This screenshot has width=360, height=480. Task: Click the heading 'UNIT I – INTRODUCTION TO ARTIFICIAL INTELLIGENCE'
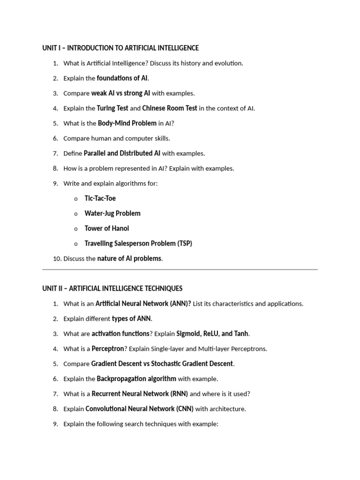pyautogui.click(x=120, y=48)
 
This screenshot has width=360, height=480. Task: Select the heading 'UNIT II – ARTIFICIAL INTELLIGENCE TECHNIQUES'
pyautogui.click(x=112, y=288)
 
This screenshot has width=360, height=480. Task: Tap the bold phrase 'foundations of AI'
pyautogui.click(x=122, y=78)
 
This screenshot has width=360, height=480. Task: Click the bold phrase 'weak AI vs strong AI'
pyautogui.click(x=120, y=93)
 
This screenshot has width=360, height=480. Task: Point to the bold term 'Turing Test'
pyautogui.click(x=112, y=108)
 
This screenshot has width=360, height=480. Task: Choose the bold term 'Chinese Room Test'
pyautogui.click(x=170, y=108)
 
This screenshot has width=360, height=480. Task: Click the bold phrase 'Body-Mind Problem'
pyautogui.click(x=127, y=123)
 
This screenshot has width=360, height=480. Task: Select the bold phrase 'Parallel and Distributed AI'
pyautogui.click(x=122, y=153)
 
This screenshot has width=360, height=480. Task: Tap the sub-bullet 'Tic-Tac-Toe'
pyautogui.click(x=100, y=198)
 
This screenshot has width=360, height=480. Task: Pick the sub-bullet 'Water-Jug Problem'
pyautogui.click(x=112, y=213)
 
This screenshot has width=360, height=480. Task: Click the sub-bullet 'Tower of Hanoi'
pyautogui.click(x=106, y=228)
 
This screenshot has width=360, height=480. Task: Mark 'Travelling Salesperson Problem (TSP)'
pyautogui.click(x=138, y=243)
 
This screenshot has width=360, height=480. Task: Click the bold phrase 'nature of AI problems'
pyautogui.click(x=129, y=258)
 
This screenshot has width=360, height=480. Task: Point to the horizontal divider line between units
pyautogui.click(x=180, y=270)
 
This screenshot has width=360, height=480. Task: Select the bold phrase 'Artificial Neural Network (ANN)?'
pyautogui.click(x=143, y=303)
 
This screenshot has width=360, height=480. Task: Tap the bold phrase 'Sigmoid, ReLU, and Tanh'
pyautogui.click(x=212, y=334)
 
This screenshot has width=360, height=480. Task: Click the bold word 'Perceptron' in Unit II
pyautogui.click(x=108, y=349)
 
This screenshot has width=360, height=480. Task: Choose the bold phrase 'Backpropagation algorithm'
pyautogui.click(x=136, y=379)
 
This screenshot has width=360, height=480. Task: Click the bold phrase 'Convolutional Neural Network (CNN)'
pyautogui.click(x=139, y=409)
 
